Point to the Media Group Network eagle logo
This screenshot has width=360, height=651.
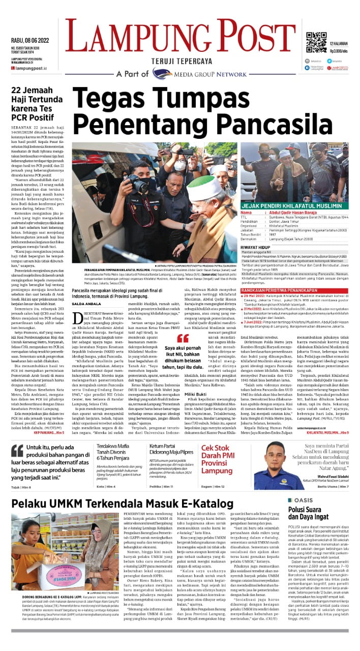tap(162, 73)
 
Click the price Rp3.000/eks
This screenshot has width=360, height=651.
tap(338, 51)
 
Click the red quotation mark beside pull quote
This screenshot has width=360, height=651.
tap(183, 338)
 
